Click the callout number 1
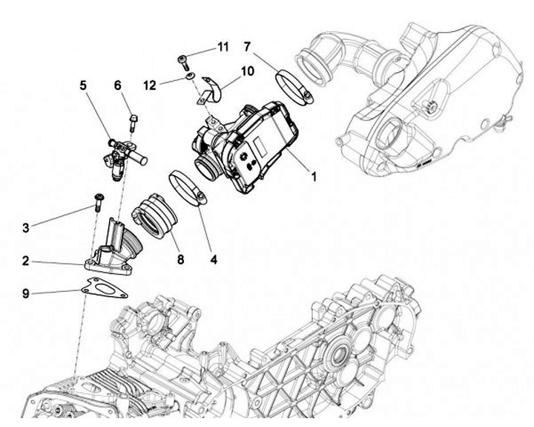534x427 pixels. point(314,177)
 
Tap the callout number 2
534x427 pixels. point(25,261)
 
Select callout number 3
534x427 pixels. point(25,227)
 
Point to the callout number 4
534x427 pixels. point(214,260)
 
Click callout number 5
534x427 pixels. point(83,86)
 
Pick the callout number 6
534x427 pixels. point(117,86)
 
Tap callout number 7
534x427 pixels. point(246,47)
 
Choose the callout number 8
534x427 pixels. point(179,260)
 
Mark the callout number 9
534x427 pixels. point(25,293)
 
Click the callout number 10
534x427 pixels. point(248,71)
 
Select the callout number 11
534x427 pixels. point(222,47)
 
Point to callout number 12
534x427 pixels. point(150,86)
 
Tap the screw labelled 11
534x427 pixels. point(182,60)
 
